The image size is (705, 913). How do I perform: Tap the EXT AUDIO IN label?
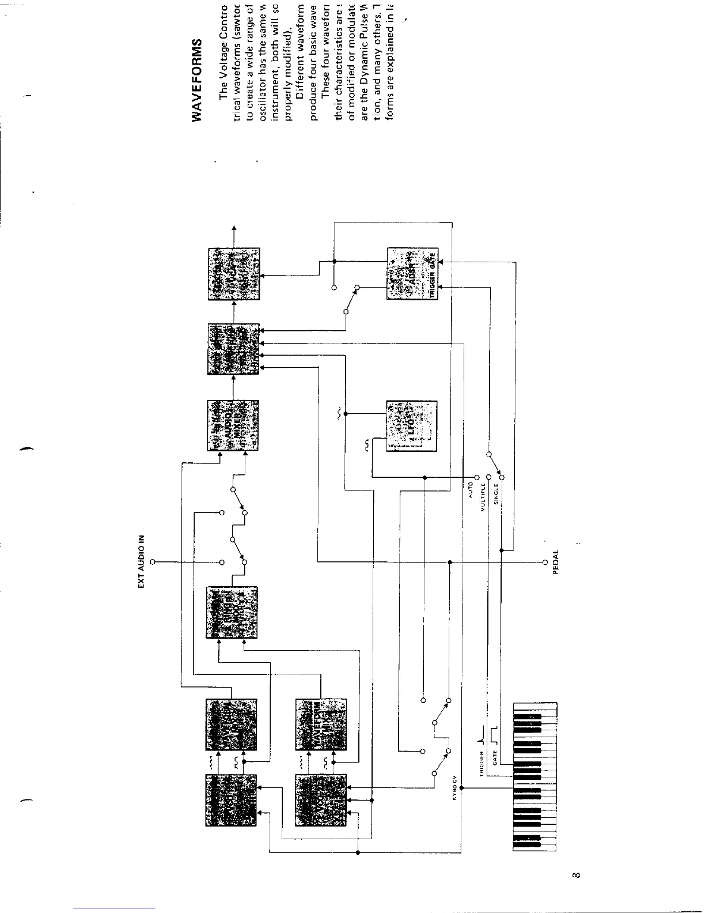(141, 562)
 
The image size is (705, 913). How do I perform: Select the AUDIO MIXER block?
(232, 426)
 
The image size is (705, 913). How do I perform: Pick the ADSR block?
(412, 273)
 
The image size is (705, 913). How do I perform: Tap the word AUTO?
(471, 490)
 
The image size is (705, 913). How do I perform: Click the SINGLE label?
(496, 495)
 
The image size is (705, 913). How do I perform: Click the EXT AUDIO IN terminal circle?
(153, 562)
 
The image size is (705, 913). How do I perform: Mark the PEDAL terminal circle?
(544, 562)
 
